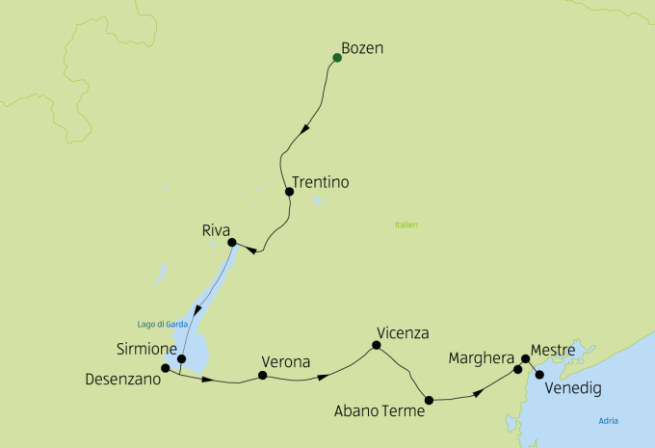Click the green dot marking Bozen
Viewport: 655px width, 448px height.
[337, 58]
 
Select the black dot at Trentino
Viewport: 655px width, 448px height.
[289, 191]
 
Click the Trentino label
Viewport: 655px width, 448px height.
[320, 181]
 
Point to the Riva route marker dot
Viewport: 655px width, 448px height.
[232, 242]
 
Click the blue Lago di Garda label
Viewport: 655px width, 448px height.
[161, 324]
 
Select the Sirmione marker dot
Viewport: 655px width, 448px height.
[181, 358]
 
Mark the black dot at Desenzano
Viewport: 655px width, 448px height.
[166, 368]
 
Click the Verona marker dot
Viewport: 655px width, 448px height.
[262, 376]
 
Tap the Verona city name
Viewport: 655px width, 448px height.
[284, 362]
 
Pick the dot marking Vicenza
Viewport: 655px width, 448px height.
[377, 345]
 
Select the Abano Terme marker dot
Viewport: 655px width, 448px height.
[429, 399]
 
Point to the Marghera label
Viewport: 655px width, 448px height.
[481, 358]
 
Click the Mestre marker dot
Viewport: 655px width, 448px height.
[525, 359]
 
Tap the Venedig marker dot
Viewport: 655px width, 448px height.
[538, 374]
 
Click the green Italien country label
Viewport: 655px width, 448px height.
[406, 225]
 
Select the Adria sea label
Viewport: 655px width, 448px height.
[608, 420]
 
